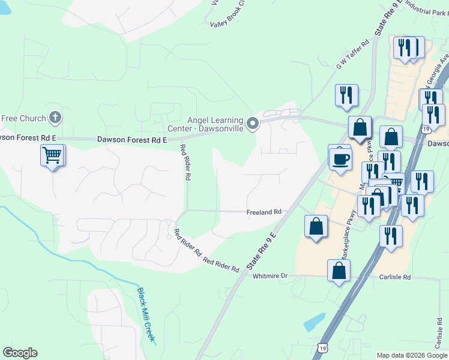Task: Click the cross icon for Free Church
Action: (55, 117)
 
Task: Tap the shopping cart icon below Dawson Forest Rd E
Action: (52, 155)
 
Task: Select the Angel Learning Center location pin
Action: (253, 124)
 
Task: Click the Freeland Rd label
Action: (264, 212)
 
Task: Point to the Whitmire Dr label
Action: (270, 276)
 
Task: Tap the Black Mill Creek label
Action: (146, 315)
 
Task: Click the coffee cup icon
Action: (340, 159)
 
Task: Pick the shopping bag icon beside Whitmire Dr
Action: (339, 271)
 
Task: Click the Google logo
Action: (20, 353)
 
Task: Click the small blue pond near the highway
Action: (314, 323)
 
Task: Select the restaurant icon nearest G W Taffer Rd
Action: (346, 95)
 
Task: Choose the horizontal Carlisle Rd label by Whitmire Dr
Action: (394, 278)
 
